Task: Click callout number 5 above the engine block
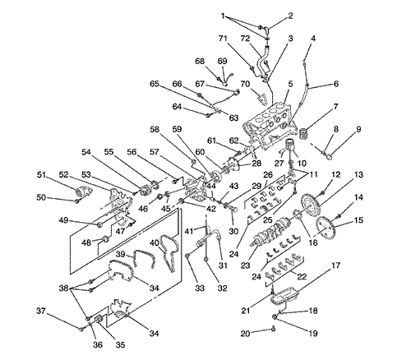tap(290, 84)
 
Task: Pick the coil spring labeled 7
tap(304, 134)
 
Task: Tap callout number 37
tap(41, 312)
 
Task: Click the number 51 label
tap(41, 174)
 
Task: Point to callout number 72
tap(246, 39)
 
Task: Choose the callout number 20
tap(245, 334)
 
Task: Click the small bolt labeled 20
tap(273, 329)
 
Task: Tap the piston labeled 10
tap(291, 145)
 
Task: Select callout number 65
tap(155, 84)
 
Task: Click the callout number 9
tap(358, 129)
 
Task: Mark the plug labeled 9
tap(330, 158)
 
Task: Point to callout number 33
tap(200, 288)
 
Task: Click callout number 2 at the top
tap(290, 16)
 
